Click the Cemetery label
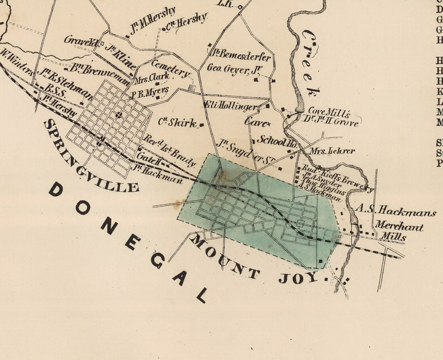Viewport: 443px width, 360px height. click(170, 68)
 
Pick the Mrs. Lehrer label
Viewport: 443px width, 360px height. click(332, 150)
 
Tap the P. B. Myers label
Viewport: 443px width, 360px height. click(150, 92)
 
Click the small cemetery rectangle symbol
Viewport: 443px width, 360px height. click(192, 88)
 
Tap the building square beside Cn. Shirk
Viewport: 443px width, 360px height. click(201, 125)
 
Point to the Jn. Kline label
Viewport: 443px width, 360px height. click(122, 58)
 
